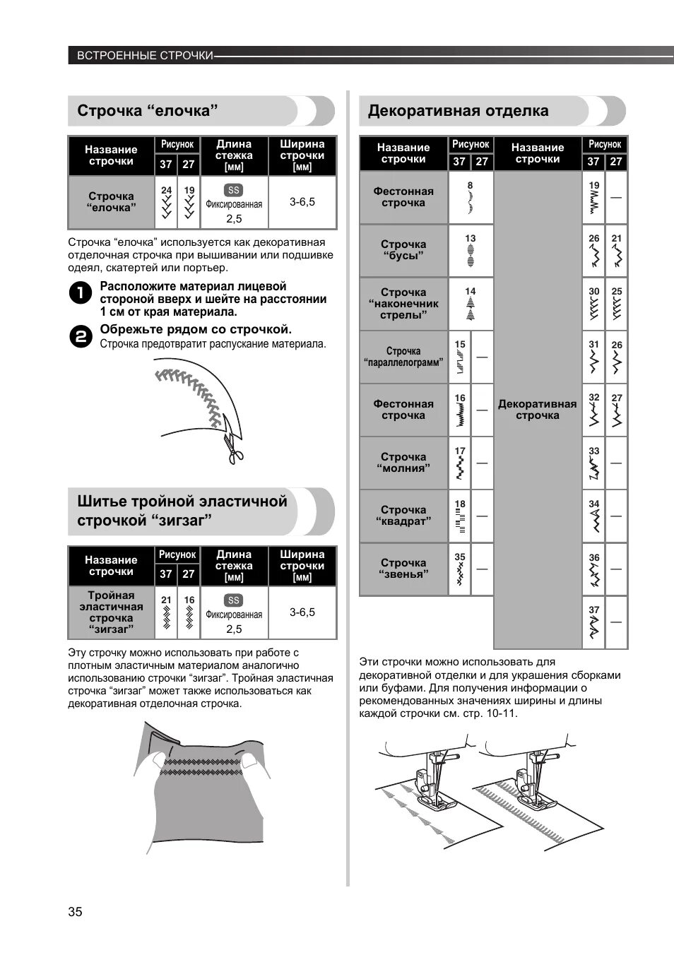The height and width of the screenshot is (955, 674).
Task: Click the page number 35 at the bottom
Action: tap(75, 911)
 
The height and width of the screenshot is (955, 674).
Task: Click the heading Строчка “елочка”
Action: tap(147, 111)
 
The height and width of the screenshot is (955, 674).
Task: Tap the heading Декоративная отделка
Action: tap(458, 111)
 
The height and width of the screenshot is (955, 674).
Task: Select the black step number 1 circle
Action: tap(81, 293)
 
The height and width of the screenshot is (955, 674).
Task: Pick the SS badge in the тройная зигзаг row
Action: tap(233, 600)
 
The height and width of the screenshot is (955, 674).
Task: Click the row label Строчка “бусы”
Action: tap(403, 250)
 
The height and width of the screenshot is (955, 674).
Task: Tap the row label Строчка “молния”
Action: tap(403, 463)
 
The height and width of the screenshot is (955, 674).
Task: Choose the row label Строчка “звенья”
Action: tap(403, 569)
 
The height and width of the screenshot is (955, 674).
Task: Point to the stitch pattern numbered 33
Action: tap(593, 468)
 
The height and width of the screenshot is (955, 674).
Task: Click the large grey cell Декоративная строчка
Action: tap(537, 410)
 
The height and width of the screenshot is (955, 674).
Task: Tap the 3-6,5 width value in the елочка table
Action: tap(302, 202)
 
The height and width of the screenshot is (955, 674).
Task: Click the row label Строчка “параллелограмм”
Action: tap(403, 357)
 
